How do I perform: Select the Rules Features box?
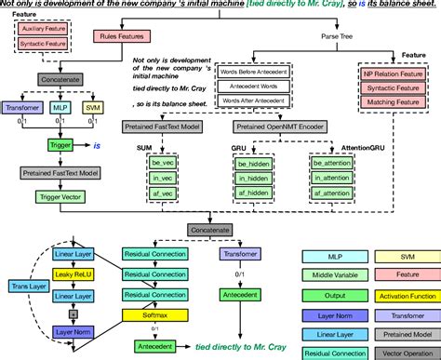[119, 37]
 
